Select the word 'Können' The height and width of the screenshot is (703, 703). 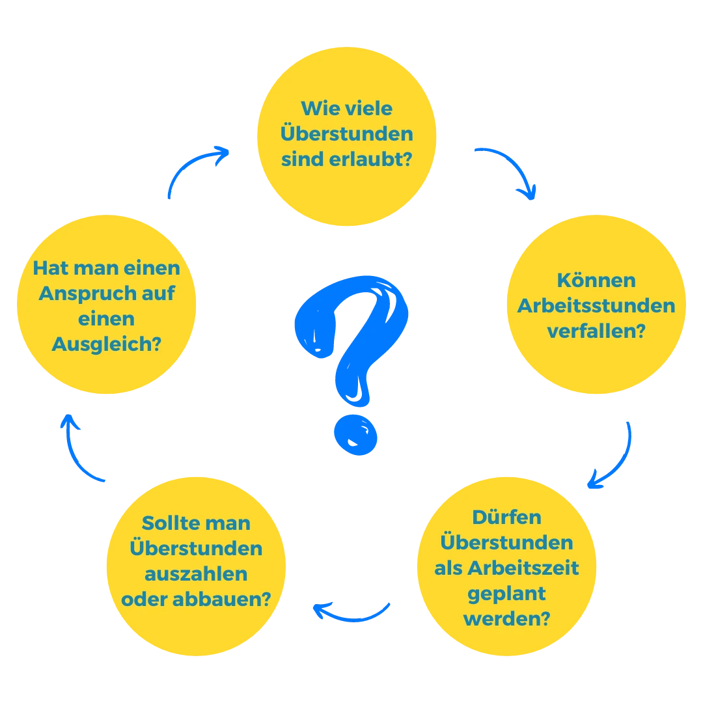596,280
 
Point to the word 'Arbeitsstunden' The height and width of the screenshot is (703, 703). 596,306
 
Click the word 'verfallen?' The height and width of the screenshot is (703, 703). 596,331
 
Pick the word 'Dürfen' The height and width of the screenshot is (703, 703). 506,517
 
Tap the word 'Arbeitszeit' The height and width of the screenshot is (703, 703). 523,568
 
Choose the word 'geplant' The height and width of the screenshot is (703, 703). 506,594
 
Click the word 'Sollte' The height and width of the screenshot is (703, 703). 164,523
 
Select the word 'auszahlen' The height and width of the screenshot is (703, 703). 196,574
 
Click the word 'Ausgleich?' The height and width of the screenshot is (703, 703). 106,345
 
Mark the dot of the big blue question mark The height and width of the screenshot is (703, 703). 355,435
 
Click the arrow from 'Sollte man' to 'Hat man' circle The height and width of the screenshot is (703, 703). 75,458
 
